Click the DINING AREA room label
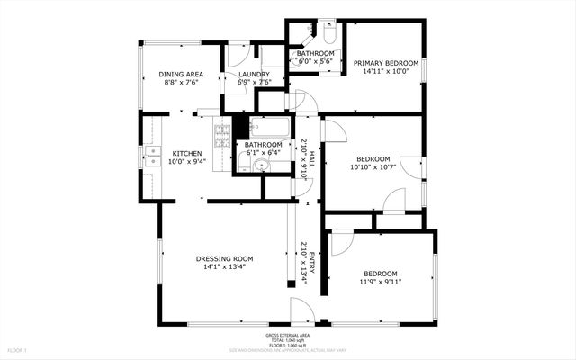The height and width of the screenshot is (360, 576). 181,74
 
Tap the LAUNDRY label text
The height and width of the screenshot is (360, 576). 254,74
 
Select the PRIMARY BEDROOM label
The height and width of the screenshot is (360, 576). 386,63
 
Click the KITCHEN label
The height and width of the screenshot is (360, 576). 186,154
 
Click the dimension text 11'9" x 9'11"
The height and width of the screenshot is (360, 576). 382,282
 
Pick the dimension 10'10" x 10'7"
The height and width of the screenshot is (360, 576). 372,167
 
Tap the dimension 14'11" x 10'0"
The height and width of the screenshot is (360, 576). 386,72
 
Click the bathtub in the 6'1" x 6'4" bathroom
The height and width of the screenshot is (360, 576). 269,128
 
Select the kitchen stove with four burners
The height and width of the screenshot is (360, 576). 221,136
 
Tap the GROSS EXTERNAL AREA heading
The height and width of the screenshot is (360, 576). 288,334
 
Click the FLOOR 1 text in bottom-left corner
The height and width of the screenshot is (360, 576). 18,349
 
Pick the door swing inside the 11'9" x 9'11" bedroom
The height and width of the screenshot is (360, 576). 341,243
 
